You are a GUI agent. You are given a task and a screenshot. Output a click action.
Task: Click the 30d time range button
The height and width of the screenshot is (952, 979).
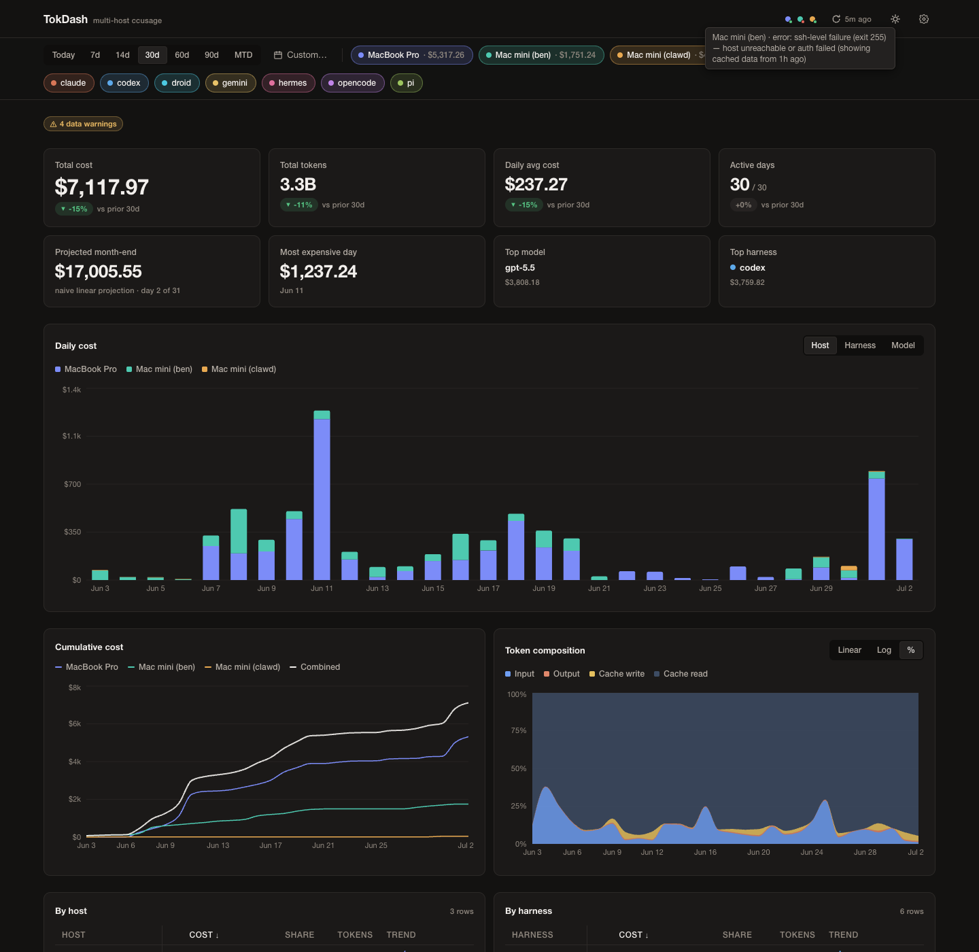(152, 55)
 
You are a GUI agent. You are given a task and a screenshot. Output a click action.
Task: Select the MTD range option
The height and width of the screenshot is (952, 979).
(243, 55)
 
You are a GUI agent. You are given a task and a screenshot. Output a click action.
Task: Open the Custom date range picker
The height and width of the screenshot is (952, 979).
(300, 55)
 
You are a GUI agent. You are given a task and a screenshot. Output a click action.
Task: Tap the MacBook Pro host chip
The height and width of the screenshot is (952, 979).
(411, 55)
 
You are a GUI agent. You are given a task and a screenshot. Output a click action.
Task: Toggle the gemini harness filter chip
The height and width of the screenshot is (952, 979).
(230, 83)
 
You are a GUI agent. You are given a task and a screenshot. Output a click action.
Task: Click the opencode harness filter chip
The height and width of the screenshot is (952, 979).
(352, 83)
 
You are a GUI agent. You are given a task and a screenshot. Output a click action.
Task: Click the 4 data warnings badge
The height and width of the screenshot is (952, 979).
(83, 124)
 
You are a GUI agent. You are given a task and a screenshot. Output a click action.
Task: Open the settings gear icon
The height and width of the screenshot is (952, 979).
(924, 19)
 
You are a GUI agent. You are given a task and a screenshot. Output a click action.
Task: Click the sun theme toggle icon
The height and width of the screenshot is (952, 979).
(895, 19)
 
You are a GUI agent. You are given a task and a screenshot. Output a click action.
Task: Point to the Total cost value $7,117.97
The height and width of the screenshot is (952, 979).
(101, 187)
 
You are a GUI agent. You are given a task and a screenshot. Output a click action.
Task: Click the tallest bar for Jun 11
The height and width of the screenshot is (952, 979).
(322, 496)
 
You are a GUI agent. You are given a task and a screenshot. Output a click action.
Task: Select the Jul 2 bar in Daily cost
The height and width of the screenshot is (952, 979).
(904, 559)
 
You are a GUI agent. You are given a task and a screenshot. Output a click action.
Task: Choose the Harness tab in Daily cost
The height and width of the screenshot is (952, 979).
(860, 345)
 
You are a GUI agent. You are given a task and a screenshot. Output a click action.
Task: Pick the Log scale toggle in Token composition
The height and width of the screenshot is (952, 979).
(883, 650)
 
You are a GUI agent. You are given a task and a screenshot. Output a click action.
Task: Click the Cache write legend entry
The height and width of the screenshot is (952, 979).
(617, 674)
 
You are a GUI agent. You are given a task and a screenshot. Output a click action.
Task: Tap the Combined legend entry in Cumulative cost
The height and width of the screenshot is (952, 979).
(315, 666)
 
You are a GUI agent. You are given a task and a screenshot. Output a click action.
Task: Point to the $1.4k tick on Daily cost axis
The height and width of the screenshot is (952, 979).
(71, 390)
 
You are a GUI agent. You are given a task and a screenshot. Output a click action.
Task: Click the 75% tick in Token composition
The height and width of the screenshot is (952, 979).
(519, 730)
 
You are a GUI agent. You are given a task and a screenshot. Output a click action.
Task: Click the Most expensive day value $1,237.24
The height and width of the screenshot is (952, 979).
(318, 272)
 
